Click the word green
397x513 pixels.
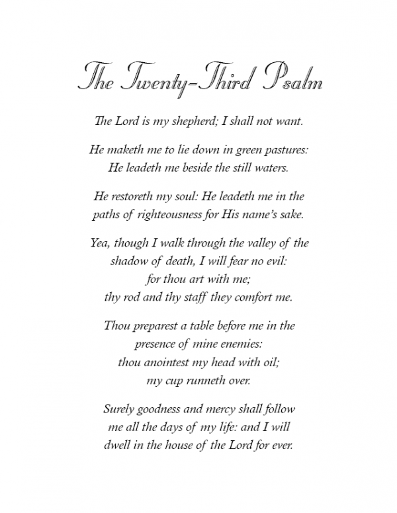click(238, 150)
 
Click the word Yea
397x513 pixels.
click(101, 243)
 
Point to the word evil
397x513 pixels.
click(273, 260)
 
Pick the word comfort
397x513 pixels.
click(248, 296)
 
